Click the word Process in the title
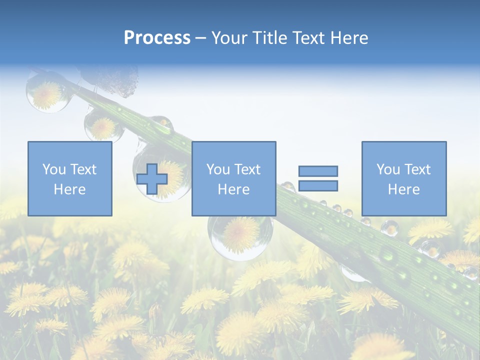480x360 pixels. click(157, 38)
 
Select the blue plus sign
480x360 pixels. click(152, 178)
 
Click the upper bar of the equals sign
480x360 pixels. click(318, 171)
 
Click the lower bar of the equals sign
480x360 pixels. click(318, 185)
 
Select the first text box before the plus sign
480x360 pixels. click(69, 178)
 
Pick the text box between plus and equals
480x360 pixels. click(233, 178)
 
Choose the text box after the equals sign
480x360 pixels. click(403, 178)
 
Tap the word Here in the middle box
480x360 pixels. click(233, 189)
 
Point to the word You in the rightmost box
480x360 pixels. click(388, 169)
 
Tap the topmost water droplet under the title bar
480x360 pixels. click(46, 91)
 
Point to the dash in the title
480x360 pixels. click(200, 38)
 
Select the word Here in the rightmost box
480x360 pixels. click(403, 189)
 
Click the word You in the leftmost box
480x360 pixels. click(53, 169)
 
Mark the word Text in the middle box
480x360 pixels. click(247, 169)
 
